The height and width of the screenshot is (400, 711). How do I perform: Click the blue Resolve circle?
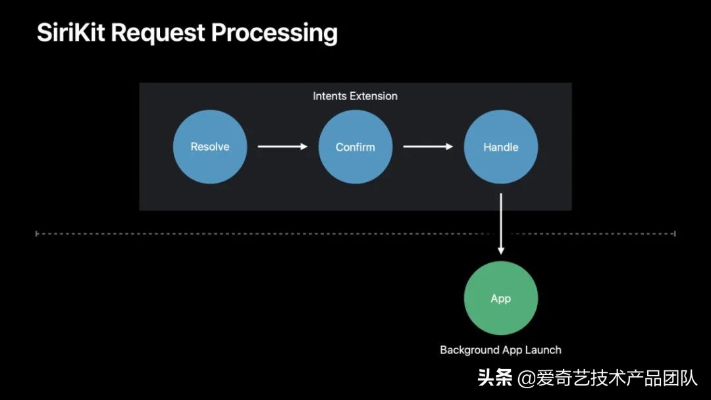pos(210,147)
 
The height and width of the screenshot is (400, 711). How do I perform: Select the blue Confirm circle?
pos(355,147)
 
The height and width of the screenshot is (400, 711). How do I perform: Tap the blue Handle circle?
pos(501,147)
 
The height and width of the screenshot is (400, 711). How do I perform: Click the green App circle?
pos(501,298)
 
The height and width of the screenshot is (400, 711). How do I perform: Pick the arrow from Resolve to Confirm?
pos(282,147)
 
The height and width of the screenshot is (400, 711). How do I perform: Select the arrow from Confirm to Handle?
pos(428,147)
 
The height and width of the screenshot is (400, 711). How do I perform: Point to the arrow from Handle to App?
pos(501,224)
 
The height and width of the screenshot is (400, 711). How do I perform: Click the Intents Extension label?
pos(355,96)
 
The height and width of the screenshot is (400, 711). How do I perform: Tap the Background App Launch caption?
pos(500,350)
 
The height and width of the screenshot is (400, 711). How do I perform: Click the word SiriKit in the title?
pos(72,33)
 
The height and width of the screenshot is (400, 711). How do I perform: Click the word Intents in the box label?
pos(330,96)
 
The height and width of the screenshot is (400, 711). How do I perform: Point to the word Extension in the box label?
pos(373,96)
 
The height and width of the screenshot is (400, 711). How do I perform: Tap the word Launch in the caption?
pos(544,350)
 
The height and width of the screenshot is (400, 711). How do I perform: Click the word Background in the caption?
pos(469,350)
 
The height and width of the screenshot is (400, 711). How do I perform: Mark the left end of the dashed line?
pos(37,234)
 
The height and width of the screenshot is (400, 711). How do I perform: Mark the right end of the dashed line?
pos(675,234)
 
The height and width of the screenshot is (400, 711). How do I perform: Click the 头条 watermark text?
pos(495,378)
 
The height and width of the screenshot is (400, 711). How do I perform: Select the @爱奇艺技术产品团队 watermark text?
pos(607,378)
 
